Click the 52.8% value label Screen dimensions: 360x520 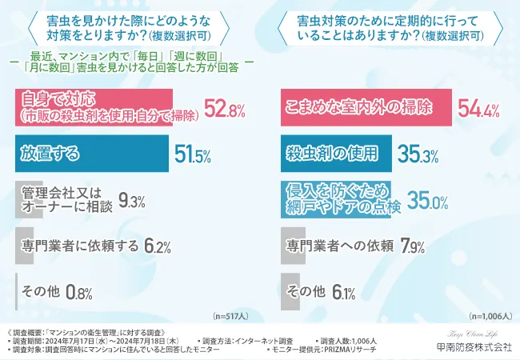coord(223,110)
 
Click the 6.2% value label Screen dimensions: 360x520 coord(158,246)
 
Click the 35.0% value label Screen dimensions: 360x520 coord(428,200)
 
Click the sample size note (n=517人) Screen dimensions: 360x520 coord(231,315)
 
